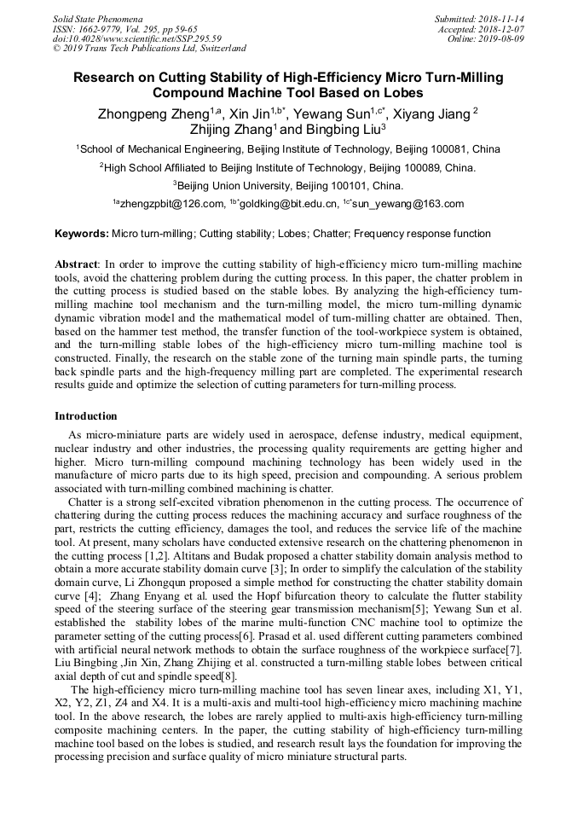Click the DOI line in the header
[x=136, y=38]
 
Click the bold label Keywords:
[x=82, y=233]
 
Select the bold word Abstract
[x=76, y=265]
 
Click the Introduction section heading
[x=86, y=416]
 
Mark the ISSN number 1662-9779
[x=102, y=28]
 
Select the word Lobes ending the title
[x=402, y=93]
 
